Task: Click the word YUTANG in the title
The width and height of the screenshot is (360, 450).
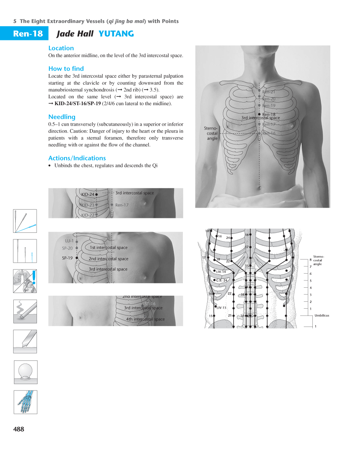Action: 116,34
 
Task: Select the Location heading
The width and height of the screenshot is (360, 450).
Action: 61,48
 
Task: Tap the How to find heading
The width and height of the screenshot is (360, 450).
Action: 66,69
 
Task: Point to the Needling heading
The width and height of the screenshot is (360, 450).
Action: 62,117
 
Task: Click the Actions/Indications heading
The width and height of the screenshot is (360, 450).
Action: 77,158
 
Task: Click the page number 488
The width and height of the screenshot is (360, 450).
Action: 19,429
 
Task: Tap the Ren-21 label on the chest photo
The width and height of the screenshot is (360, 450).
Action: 269,92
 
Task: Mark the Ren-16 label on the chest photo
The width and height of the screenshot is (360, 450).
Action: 269,133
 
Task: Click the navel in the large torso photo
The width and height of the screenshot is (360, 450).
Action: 259,187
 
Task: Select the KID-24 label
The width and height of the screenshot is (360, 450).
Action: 88,194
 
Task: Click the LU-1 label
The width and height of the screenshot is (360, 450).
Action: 69,241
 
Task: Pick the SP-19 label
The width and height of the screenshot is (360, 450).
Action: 67,258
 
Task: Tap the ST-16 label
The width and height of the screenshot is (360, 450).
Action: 150,304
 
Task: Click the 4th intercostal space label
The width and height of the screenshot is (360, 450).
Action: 145,319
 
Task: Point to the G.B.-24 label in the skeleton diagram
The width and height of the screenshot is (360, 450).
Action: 221,280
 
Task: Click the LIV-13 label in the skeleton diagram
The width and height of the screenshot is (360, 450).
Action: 221,307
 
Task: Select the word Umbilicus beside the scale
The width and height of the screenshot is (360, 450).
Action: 322,315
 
